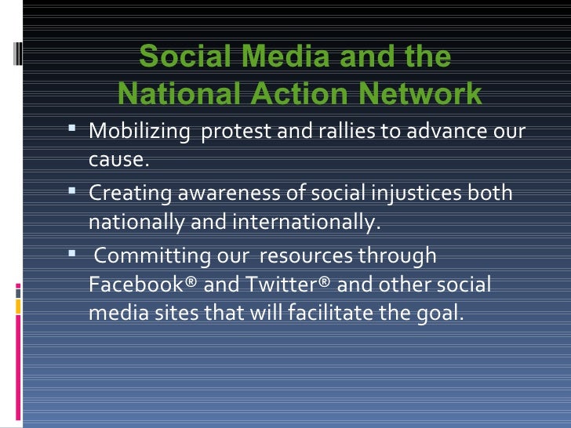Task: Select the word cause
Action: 118,160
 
